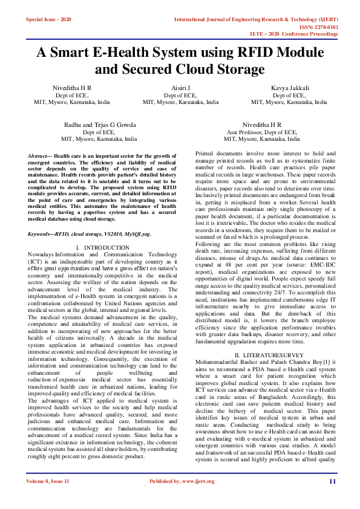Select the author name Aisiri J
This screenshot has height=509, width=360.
pyautogui.click(x=180, y=88)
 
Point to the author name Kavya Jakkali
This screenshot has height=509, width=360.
pyautogui.click(x=289, y=88)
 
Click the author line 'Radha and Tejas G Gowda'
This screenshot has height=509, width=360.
pyautogui.click(x=99, y=124)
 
